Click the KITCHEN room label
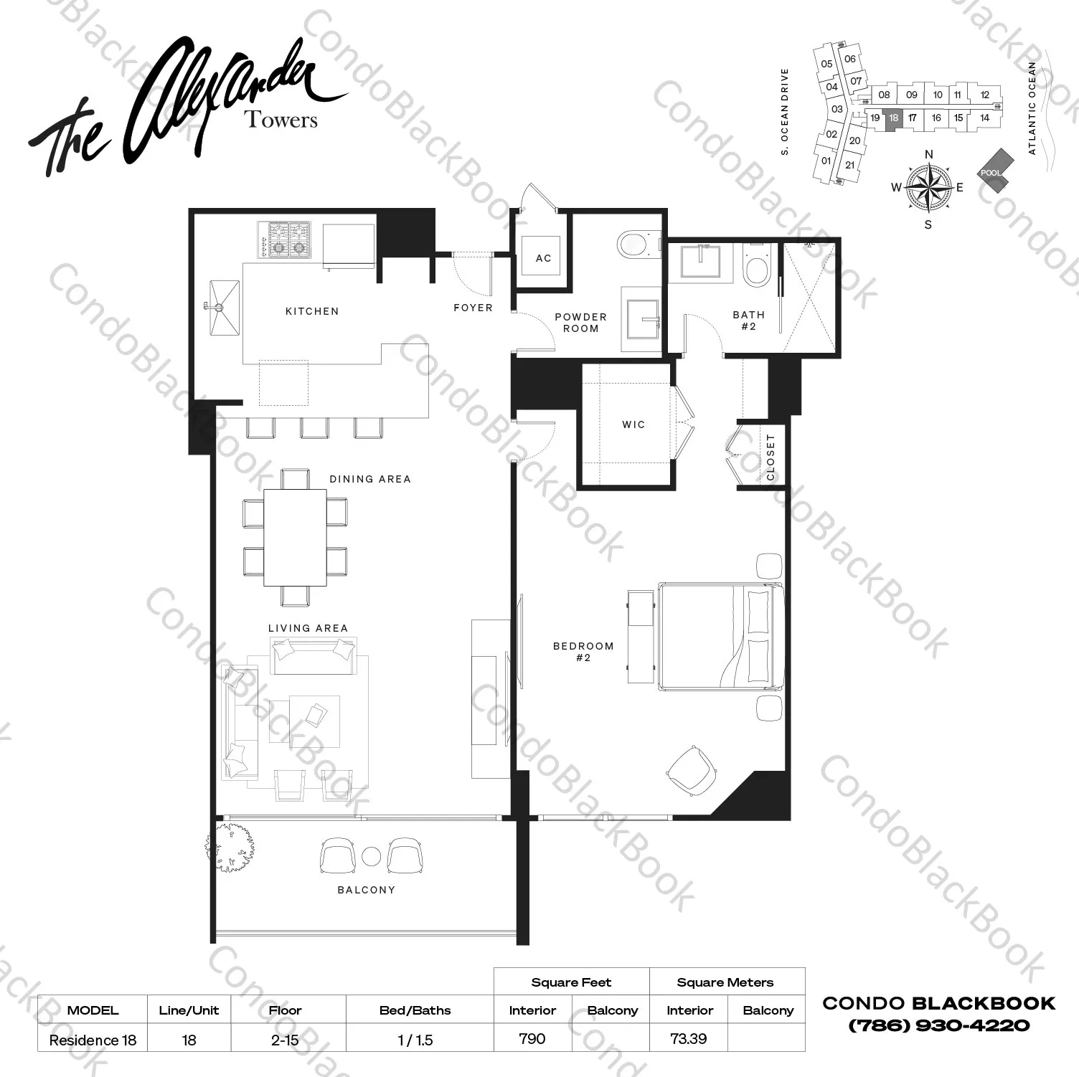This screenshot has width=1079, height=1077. pos(312,311)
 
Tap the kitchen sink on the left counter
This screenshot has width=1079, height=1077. pos(224,307)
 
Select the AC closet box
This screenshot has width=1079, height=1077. pos(543,258)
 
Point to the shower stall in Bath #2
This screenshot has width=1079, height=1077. pos(809,297)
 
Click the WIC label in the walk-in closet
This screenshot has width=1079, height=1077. pos(633,424)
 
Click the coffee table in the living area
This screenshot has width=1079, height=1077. pos(314,721)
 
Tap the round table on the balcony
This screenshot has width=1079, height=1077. pos(371,856)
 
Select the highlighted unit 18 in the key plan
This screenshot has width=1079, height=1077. pos(893,118)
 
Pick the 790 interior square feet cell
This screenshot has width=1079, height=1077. pos(532,1038)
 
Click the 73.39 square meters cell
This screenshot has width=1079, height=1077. pos(688,1038)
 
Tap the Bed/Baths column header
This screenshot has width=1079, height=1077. pos(415,1010)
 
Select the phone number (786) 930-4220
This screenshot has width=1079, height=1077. pos(938,1025)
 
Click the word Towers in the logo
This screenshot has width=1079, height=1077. pos(281,119)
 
